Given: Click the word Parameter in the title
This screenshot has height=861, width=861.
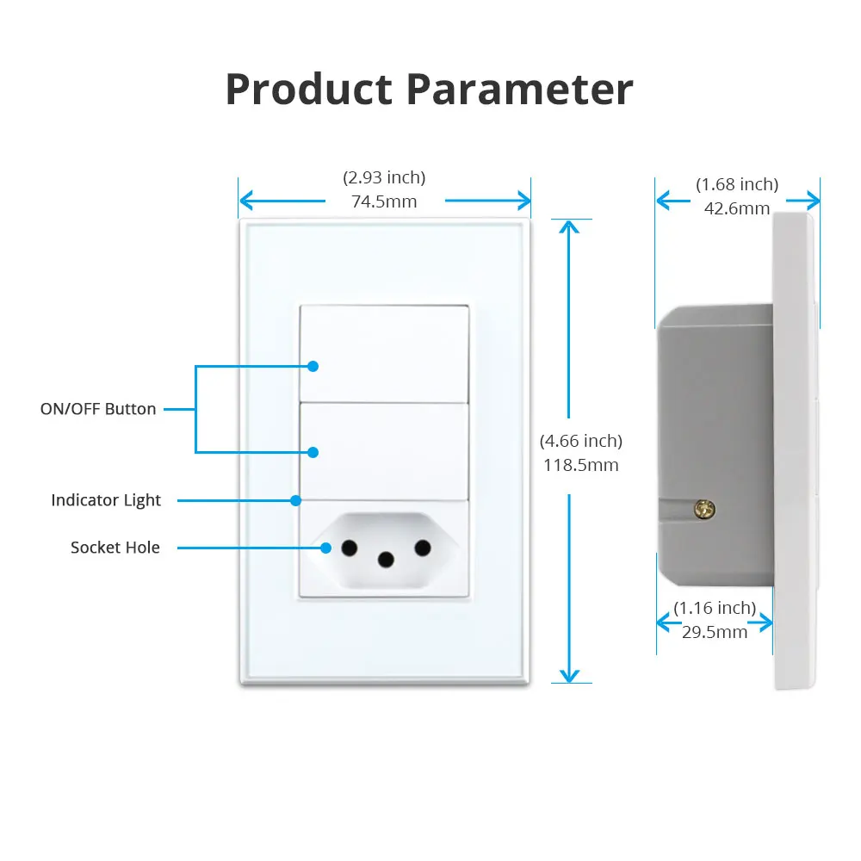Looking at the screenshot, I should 520,89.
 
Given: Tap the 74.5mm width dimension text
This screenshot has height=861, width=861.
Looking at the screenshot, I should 384,201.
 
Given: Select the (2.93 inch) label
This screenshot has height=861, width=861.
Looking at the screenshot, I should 384,177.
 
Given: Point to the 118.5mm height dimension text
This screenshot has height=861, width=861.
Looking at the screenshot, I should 580,465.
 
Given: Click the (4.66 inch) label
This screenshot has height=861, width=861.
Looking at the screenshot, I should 580,441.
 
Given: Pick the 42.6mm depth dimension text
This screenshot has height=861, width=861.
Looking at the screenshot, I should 737,208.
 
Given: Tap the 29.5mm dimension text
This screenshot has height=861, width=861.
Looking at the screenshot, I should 715,632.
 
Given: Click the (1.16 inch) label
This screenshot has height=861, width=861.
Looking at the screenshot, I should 715,608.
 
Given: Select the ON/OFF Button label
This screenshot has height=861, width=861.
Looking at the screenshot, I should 98,409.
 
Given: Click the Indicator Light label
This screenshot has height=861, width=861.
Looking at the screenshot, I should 106,500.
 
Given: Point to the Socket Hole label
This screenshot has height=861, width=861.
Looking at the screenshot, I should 115,548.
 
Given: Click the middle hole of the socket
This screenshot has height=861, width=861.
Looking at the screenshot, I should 386,561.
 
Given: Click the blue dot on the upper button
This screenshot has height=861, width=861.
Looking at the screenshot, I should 313,366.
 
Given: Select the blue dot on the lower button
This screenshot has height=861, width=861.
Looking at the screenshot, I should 313,452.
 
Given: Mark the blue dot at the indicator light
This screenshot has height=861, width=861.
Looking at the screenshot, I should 295,500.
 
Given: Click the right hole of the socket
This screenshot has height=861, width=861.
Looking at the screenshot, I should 422,548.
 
